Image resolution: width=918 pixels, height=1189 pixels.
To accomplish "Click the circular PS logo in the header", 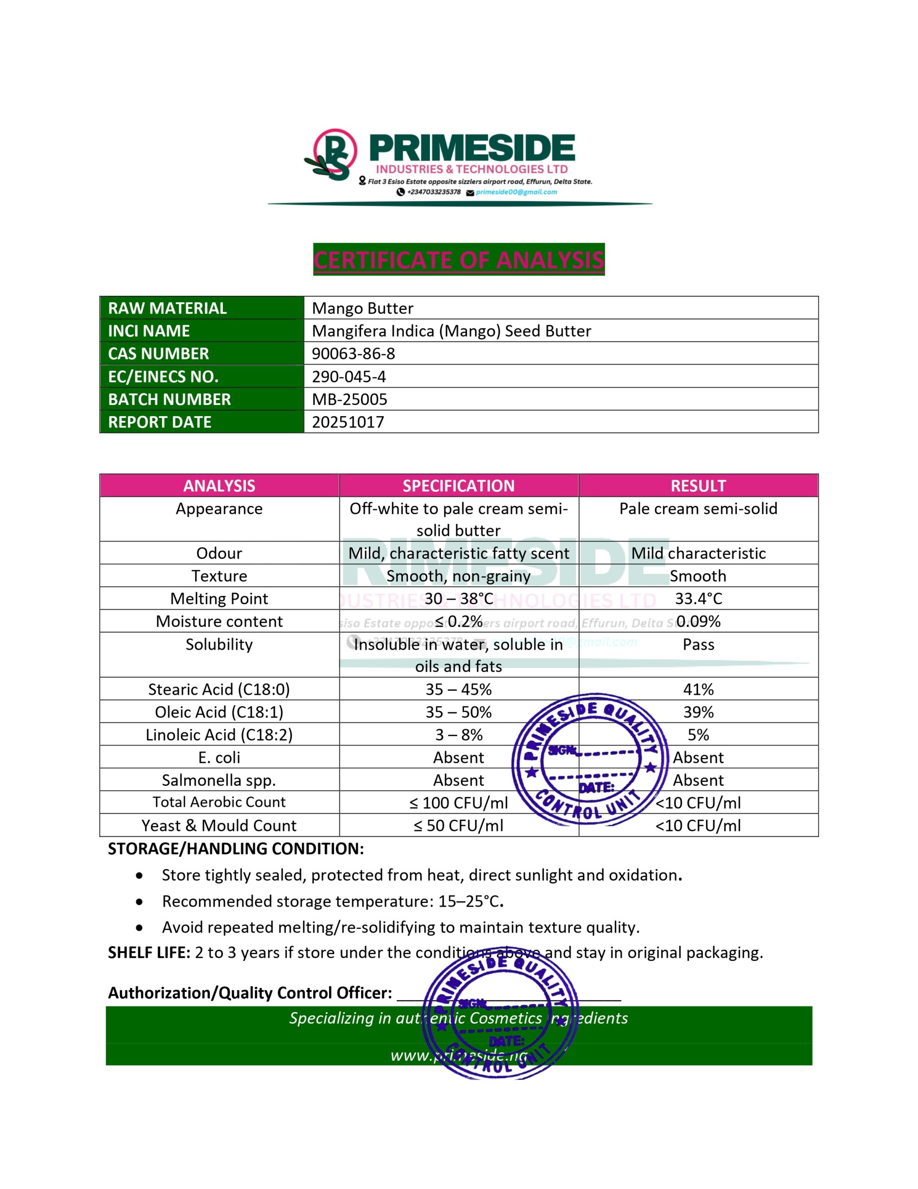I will click(x=333, y=154).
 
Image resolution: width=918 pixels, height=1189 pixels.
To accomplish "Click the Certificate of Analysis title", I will click(x=459, y=260).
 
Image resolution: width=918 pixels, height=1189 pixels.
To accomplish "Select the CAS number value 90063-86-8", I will click(x=353, y=354).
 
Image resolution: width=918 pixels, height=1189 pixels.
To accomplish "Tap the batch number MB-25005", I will click(x=349, y=399).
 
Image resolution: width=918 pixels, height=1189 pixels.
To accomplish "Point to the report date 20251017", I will click(x=348, y=423).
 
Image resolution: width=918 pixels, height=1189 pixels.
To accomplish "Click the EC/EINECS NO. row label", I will click(x=163, y=377).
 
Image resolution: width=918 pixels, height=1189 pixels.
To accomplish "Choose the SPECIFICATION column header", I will click(x=458, y=486).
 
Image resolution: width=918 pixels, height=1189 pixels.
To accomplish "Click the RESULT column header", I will click(x=698, y=486).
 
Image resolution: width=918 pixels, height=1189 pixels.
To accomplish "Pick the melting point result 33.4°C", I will click(x=698, y=599).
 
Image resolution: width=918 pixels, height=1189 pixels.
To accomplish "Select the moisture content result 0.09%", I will click(x=698, y=622).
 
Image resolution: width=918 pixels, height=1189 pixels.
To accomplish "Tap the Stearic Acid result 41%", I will click(x=698, y=690).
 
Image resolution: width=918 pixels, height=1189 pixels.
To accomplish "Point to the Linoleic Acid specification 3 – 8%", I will click(x=458, y=735).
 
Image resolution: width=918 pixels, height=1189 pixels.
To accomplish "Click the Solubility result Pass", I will click(x=698, y=645).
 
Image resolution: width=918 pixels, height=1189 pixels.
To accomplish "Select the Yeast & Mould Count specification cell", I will click(x=458, y=826).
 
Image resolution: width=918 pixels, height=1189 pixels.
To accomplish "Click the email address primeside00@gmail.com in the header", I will click(x=516, y=192).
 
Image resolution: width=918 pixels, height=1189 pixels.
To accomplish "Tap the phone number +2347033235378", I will click(x=433, y=192).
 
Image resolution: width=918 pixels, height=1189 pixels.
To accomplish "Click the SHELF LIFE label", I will click(x=149, y=953).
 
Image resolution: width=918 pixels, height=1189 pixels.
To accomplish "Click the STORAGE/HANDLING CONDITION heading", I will click(x=236, y=849).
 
